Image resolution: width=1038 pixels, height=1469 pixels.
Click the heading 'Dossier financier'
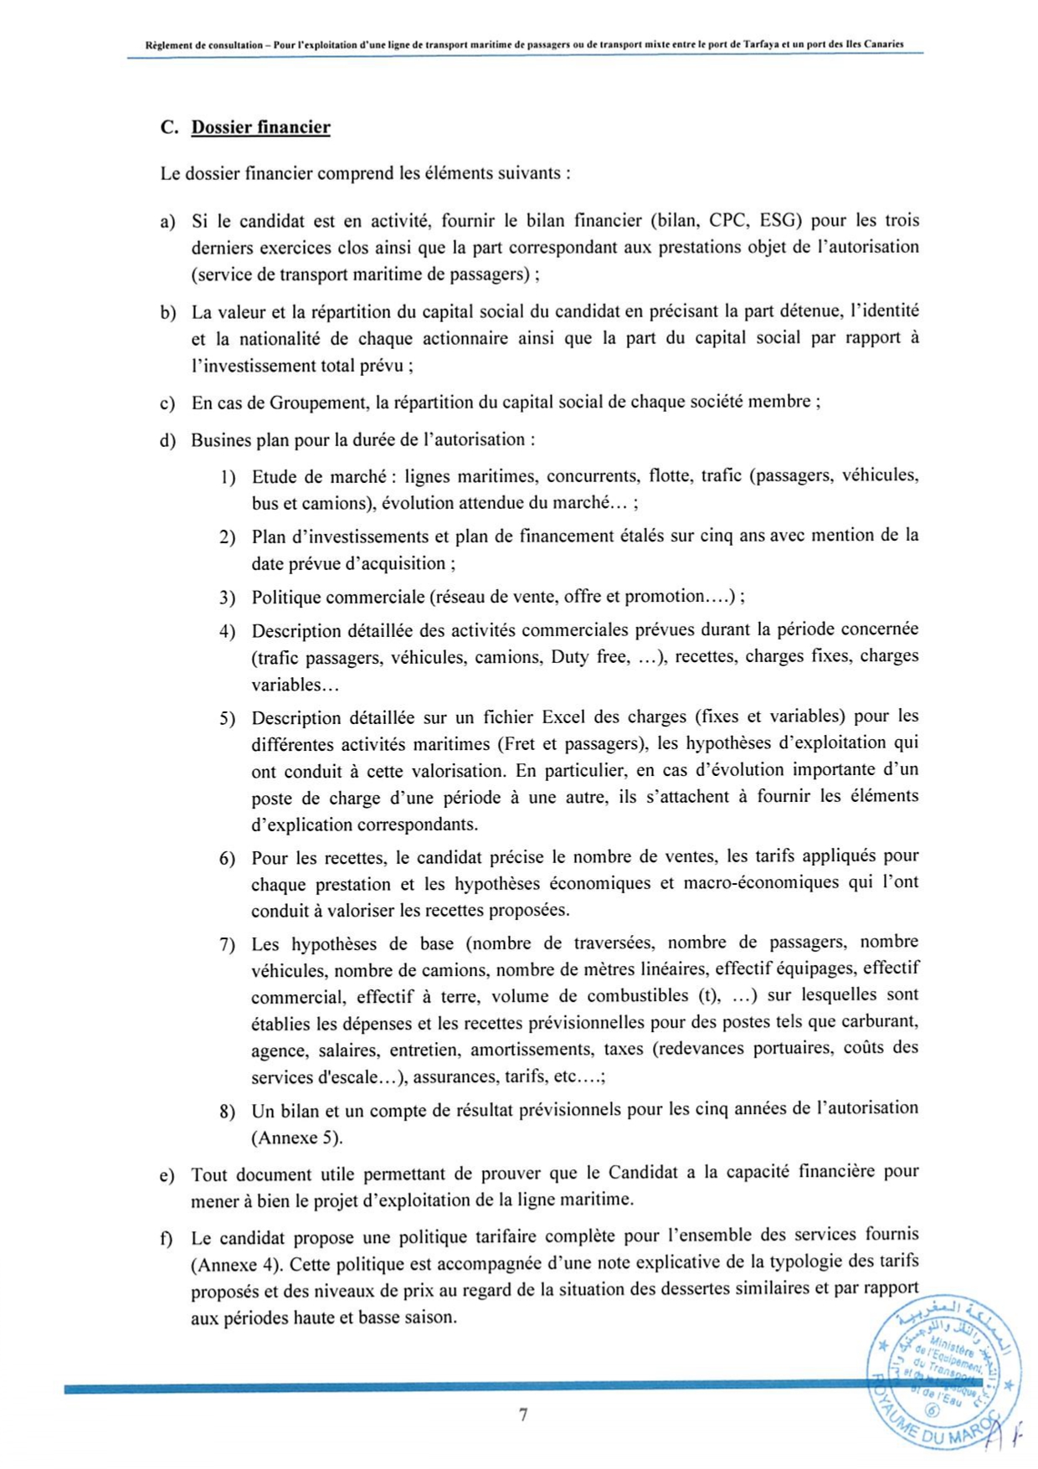(x=260, y=128)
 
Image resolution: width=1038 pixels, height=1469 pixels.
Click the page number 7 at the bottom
(x=523, y=1415)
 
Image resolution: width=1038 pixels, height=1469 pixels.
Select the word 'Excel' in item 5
(x=565, y=717)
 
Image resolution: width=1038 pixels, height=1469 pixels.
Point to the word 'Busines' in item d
(x=221, y=440)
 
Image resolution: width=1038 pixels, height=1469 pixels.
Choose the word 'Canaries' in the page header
(x=884, y=44)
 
